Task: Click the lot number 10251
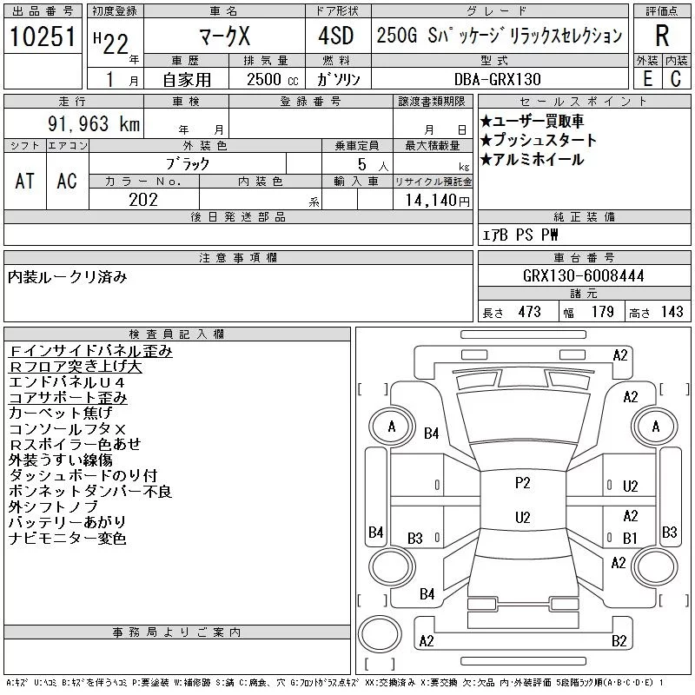coord(43,36)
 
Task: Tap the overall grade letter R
coord(662,36)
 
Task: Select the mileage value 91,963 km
coord(94,123)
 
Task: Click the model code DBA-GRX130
coord(497,79)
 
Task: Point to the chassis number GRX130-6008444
coord(583,275)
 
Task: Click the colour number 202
coord(143,200)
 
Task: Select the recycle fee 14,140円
coord(438,201)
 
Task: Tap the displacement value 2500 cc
coord(273,79)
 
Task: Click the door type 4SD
coord(336,36)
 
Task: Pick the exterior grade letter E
coord(647,79)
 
